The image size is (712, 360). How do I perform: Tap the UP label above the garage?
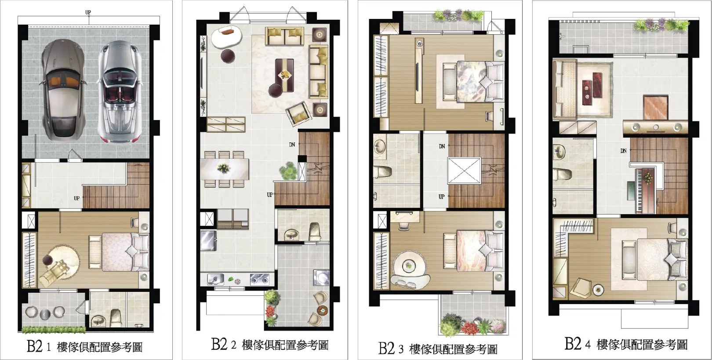pyautogui.click(x=88, y=12)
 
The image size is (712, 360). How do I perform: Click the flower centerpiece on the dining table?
pyautogui.click(x=223, y=167)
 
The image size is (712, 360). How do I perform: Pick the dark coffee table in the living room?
pyautogui.click(x=284, y=75)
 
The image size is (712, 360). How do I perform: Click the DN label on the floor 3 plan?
pyautogui.click(x=442, y=146)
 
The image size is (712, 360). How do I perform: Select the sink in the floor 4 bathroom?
pyautogui.click(x=560, y=152)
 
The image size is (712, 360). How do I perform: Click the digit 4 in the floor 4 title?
pyautogui.click(x=588, y=345)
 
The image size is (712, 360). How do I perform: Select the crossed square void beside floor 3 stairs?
pyautogui.click(x=464, y=171)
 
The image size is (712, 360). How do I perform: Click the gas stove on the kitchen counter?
pyautogui.click(x=259, y=279)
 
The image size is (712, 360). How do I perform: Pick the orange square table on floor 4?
pyautogui.click(x=656, y=107)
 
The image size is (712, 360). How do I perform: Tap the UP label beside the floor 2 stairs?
pyautogui.click(x=269, y=195)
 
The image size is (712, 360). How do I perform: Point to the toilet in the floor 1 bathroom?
pyautogui.click(x=116, y=317)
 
